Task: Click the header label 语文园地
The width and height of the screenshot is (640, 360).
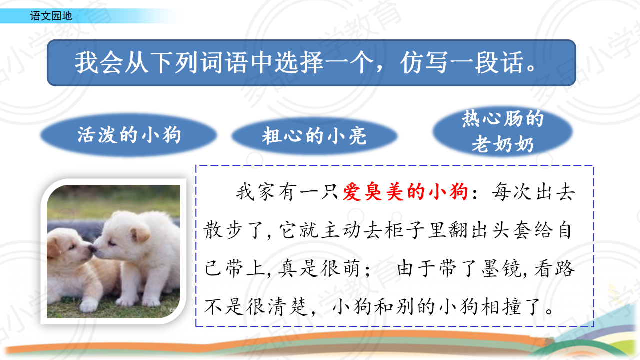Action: coord(51,16)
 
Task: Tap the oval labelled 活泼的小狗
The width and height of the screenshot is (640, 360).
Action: coord(129,135)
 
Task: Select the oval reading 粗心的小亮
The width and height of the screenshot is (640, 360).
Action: coord(314,135)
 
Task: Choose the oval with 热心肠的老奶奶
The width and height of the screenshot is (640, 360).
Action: coord(503,131)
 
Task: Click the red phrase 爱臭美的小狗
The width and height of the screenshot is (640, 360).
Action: coord(405,191)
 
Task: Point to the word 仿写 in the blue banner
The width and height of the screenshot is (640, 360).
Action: coord(424,63)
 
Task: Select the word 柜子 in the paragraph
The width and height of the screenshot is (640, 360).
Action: coord(403,230)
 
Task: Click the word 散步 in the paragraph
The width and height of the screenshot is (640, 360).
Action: coord(223,230)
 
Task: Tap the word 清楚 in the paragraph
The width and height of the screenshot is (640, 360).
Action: coord(287,307)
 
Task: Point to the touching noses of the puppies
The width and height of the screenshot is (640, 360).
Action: coord(93,249)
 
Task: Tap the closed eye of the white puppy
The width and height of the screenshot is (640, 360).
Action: coord(112,243)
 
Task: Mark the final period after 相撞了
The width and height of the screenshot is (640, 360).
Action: coord(549,311)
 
